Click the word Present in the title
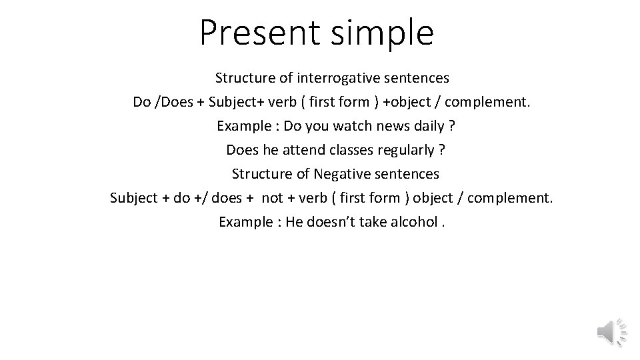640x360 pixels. coord(251,32)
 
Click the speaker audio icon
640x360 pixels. coord(611,331)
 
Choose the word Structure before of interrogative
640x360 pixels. coord(245,78)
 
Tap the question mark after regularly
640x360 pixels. coord(442,150)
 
